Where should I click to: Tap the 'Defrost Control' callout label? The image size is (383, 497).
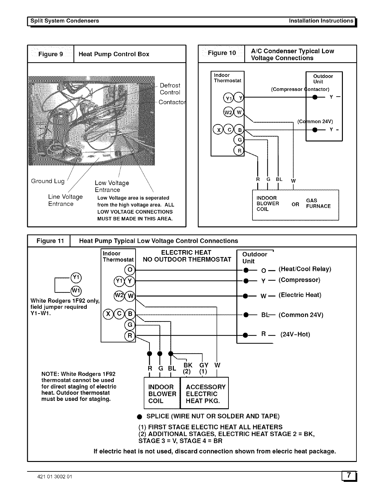pos(170,89)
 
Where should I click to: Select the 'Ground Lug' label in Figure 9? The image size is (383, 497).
pos(48,181)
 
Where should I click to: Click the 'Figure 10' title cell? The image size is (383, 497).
pos(222,53)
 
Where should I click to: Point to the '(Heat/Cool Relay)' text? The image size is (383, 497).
pos(305,269)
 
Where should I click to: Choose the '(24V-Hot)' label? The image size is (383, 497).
pos(295,334)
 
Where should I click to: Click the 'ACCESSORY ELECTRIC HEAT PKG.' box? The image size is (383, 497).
pos(204,393)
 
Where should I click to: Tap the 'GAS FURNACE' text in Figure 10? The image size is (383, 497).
pos(318,203)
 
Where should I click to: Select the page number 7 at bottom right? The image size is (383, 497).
pos(349,476)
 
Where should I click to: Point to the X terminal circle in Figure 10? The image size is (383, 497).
pos(218,130)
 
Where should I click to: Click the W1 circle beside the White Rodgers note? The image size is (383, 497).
pos(76,290)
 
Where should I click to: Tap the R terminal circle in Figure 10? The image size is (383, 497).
pos(239,151)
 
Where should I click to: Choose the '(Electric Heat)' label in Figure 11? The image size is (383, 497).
pos(300,295)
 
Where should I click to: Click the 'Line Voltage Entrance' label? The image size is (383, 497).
pos(65,200)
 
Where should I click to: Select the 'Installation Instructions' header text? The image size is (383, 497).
pos(321,21)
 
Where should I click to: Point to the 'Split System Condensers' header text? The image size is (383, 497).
pos(64,21)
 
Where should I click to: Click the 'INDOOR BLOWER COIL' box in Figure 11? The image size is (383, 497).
pos(162,393)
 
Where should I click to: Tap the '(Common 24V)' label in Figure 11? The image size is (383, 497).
pos(301,315)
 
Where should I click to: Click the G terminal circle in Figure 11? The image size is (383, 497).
pos(130,325)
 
